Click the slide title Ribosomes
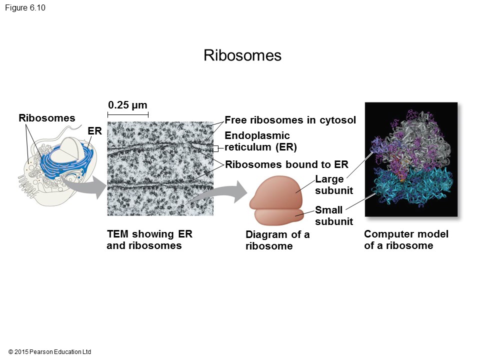point(242,55)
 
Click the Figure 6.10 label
point(25,7)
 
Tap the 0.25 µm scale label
point(127,105)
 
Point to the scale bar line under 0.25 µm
point(128,115)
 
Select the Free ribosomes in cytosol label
point(290,120)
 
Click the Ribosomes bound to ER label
point(286,164)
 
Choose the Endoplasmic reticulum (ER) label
point(261,141)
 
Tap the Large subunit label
point(334,184)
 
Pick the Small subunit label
point(334,215)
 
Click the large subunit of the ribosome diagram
point(277,191)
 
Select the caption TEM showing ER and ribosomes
point(149,239)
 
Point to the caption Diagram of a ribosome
point(277,240)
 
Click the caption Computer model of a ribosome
point(406,239)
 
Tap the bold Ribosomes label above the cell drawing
point(47,118)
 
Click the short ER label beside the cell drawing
point(94,131)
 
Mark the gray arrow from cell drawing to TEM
point(87,184)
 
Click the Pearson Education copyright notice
point(49,351)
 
